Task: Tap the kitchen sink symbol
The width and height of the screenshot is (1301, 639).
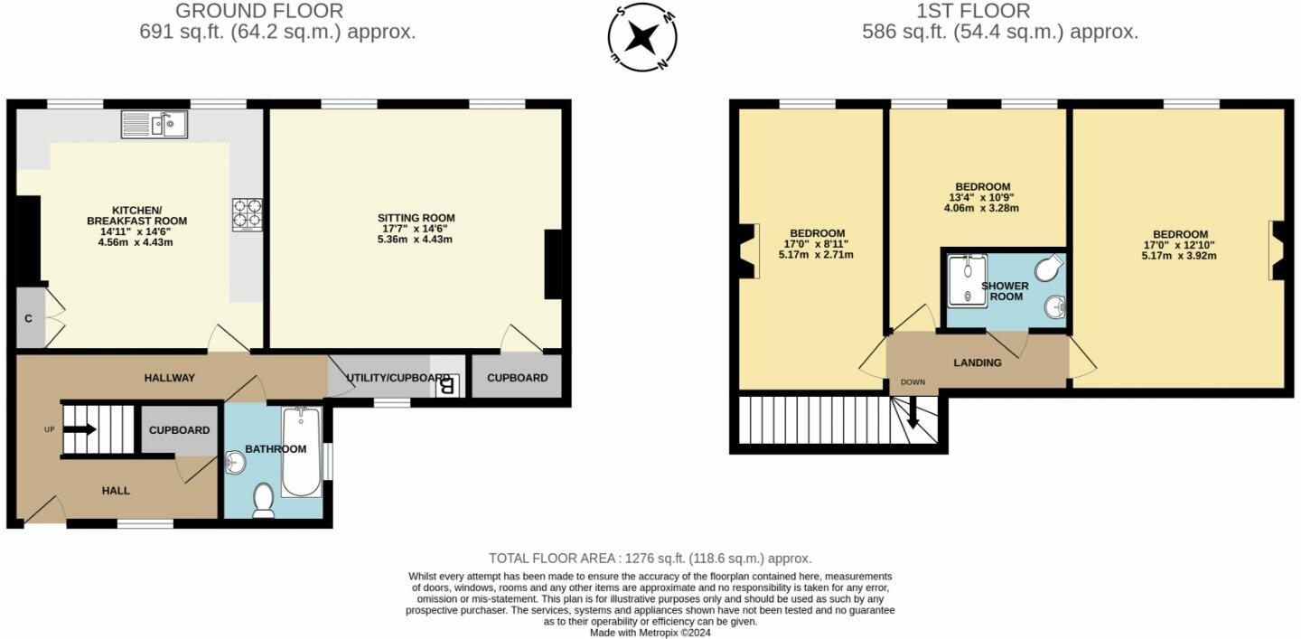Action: (x=154, y=125)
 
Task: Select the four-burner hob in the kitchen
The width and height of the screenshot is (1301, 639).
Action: (x=247, y=214)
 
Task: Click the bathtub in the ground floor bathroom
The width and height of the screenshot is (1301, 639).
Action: (x=301, y=452)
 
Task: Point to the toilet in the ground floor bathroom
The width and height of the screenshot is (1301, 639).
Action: (x=264, y=501)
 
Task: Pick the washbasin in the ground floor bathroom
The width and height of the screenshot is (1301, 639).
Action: (x=233, y=463)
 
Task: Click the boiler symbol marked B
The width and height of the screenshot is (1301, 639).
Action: (x=446, y=385)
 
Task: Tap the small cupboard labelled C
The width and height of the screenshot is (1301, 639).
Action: (x=30, y=318)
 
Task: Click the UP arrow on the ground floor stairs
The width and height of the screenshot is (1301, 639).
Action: (x=80, y=429)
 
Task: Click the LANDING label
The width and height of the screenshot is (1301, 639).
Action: (x=978, y=362)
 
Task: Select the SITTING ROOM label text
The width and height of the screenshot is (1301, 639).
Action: (x=416, y=218)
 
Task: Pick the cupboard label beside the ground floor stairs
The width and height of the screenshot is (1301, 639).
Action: (x=179, y=429)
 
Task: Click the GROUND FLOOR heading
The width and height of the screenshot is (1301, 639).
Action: (x=259, y=11)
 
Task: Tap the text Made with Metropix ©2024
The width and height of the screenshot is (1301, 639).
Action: (x=650, y=633)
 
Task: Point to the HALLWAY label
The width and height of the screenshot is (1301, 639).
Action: (x=170, y=377)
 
